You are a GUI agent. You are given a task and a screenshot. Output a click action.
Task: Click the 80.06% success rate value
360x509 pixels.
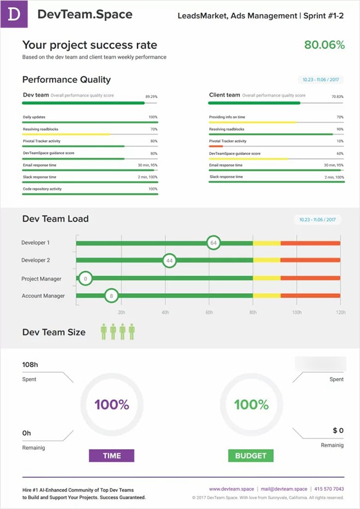[x=324, y=45]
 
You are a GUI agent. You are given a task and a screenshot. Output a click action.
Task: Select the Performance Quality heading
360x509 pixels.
[x=67, y=80]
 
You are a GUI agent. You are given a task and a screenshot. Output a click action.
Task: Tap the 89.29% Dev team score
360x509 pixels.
[x=151, y=97]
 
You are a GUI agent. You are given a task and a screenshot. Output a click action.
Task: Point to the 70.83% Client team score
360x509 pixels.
[x=338, y=97]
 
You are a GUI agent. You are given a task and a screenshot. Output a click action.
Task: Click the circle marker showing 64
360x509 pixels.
[x=214, y=242]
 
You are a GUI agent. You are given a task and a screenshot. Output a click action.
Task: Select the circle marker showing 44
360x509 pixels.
[x=170, y=261]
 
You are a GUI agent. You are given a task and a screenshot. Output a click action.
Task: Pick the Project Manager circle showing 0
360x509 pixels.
[x=85, y=279]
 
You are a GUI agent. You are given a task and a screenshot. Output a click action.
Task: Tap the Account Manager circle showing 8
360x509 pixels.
[x=111, y=296]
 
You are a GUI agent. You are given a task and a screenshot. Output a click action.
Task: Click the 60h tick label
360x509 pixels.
[x=209, y=313]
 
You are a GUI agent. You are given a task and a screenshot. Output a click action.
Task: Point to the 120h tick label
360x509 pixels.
[x=341, y=313]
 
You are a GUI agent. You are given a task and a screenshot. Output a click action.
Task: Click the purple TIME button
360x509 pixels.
[x=111, y=456]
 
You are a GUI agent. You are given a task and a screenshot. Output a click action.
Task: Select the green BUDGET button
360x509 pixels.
[x=251, y=456]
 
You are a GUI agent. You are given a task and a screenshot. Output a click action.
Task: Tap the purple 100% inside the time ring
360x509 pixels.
[x=111, y=405]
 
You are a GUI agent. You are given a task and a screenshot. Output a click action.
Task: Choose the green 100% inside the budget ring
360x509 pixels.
[x=251, y=405]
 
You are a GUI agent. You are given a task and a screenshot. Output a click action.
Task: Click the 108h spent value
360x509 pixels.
[x=29, y=364]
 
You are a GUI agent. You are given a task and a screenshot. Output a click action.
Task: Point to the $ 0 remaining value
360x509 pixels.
[x=338, y=430]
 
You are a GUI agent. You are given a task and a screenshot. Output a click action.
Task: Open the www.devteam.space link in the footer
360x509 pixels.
[x=231, y=489]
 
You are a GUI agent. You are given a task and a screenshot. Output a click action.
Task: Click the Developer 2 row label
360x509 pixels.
[x=35, y=260]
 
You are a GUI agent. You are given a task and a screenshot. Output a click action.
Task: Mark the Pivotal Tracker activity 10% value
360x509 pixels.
[x=340, y=141]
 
